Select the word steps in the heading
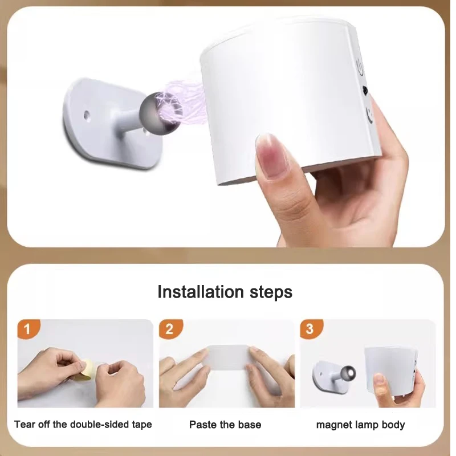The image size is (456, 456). pos(271,292)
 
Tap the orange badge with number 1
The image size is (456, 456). pos(28,329)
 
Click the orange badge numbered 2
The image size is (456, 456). pos(169,329)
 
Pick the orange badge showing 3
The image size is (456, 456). pos(310,329)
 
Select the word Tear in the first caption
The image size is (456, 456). pos(25,425)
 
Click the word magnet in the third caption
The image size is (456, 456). pos(332,425)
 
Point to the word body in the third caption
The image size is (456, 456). pos(393,425)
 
